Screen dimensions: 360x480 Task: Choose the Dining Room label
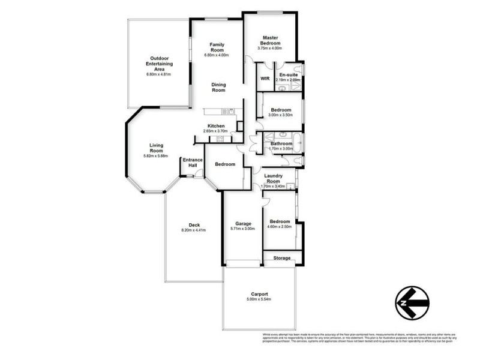218,88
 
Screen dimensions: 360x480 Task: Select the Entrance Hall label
193,163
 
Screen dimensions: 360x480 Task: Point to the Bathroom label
281,143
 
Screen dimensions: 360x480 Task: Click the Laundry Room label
274,178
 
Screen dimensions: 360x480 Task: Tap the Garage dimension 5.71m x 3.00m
242,229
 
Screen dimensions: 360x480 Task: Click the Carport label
259,295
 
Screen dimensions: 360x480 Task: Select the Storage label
281,258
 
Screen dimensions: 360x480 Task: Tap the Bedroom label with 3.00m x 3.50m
281,110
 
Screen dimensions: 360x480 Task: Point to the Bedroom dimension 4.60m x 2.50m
279,227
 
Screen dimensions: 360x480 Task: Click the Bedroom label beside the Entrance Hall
225,164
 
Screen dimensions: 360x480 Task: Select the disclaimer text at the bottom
359,338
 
